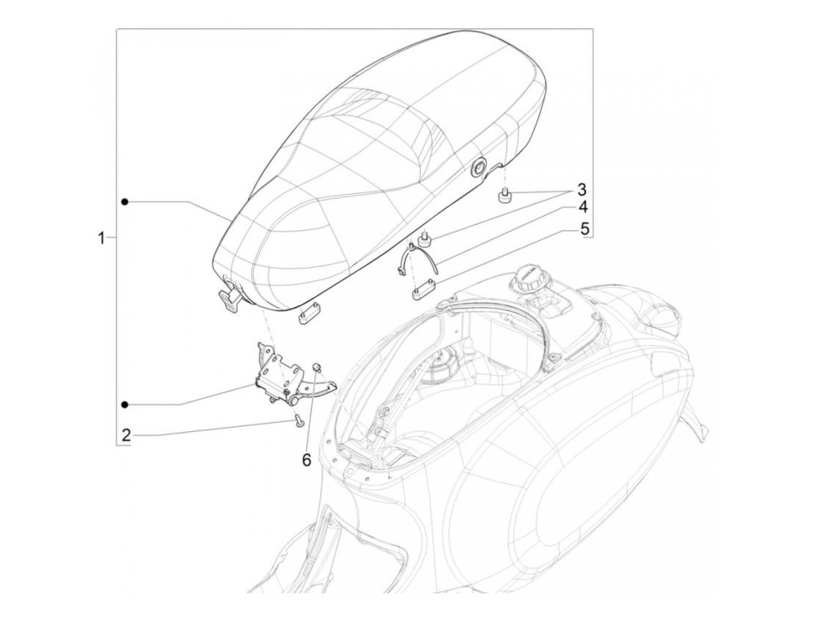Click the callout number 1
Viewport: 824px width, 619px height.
point(101,238)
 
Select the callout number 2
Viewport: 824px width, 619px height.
point(126,435)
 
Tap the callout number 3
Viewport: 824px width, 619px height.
point(581,189)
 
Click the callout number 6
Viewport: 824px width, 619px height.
point(307,460)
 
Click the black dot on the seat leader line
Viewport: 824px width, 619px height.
point(125,202)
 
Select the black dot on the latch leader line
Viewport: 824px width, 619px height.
point(125,404)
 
